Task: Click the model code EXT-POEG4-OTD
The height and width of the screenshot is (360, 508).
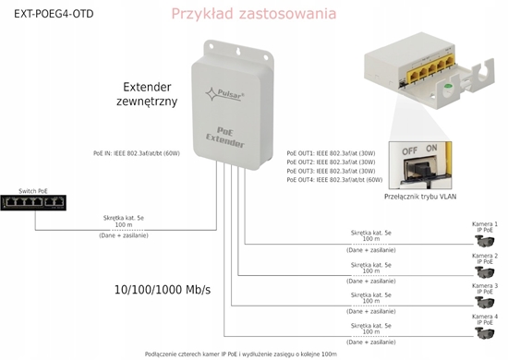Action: [x=46, y=12]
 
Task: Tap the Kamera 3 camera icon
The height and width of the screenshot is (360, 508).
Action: [x=484, y=302]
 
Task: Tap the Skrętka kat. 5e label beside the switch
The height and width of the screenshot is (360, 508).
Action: [x=123, y=218]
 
